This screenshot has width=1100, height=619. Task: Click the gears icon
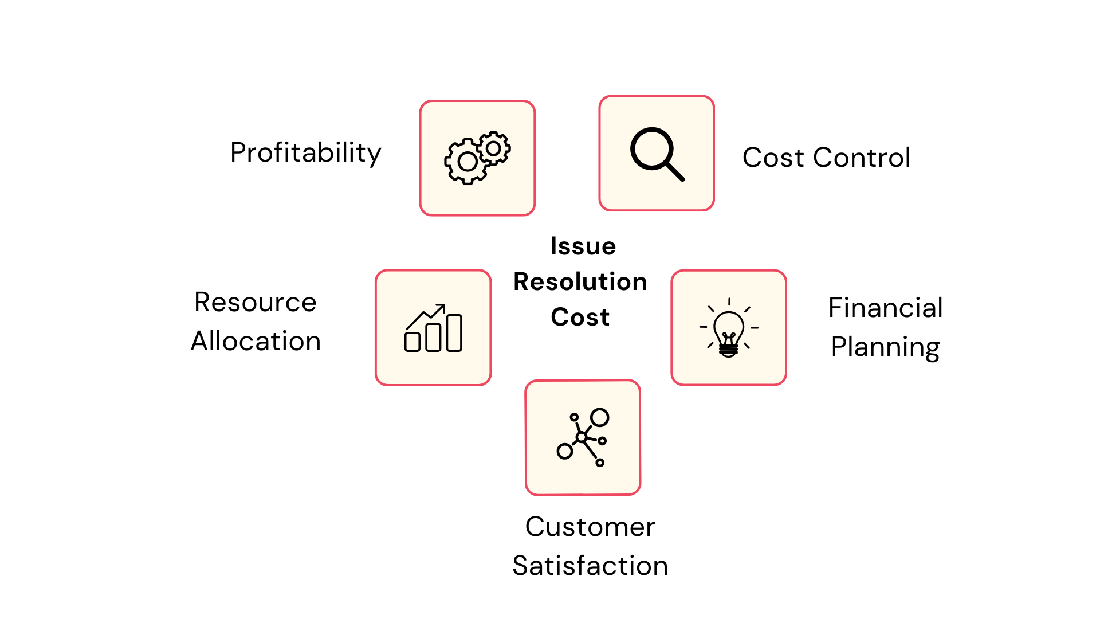click(x=477, y=158)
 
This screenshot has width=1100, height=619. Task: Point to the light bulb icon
click(x=729, y=328)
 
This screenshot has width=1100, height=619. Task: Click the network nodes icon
click(x=583, y=437)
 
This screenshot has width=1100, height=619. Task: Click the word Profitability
click(x=305, y=153)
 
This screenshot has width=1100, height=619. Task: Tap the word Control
click(x=862, y=158)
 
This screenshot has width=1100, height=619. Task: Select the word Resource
click(x=255, y=302)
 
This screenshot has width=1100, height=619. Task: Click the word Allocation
click(x=256, y=341)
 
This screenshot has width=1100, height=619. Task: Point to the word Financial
click(x=885, y=308)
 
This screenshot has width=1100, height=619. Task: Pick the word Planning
click(x=885, y=347)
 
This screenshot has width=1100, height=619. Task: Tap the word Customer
click(x=590, y=527)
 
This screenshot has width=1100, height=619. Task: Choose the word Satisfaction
click(x=590, y=566)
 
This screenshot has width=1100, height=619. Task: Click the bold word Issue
click(x=583, y=246)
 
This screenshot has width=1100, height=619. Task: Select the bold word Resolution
click(x=580, y=282)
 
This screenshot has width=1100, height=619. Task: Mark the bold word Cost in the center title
click(x=580, y=317)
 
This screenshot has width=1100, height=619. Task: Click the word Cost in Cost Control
click(x=773, y=158)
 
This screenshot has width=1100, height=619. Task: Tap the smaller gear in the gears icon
click(x=493, y=148)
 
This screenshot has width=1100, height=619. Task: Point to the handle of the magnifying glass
click(x=675, y=171)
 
